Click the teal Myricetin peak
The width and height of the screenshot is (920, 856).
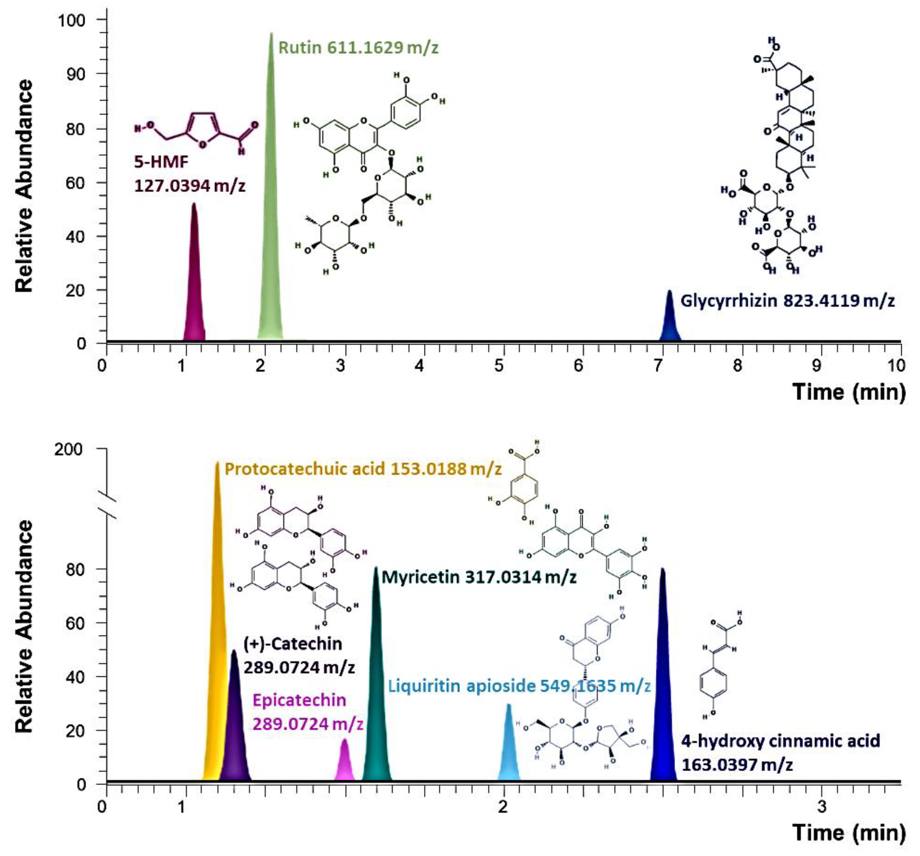click(376, 685)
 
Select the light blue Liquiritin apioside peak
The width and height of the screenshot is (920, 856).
click(509, 750)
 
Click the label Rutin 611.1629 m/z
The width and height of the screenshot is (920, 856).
click(358, 48)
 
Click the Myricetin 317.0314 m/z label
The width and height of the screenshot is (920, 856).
click(479, 577)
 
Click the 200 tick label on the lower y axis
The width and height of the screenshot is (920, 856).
click(69, 449)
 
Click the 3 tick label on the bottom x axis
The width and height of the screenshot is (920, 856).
click(821, 806)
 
